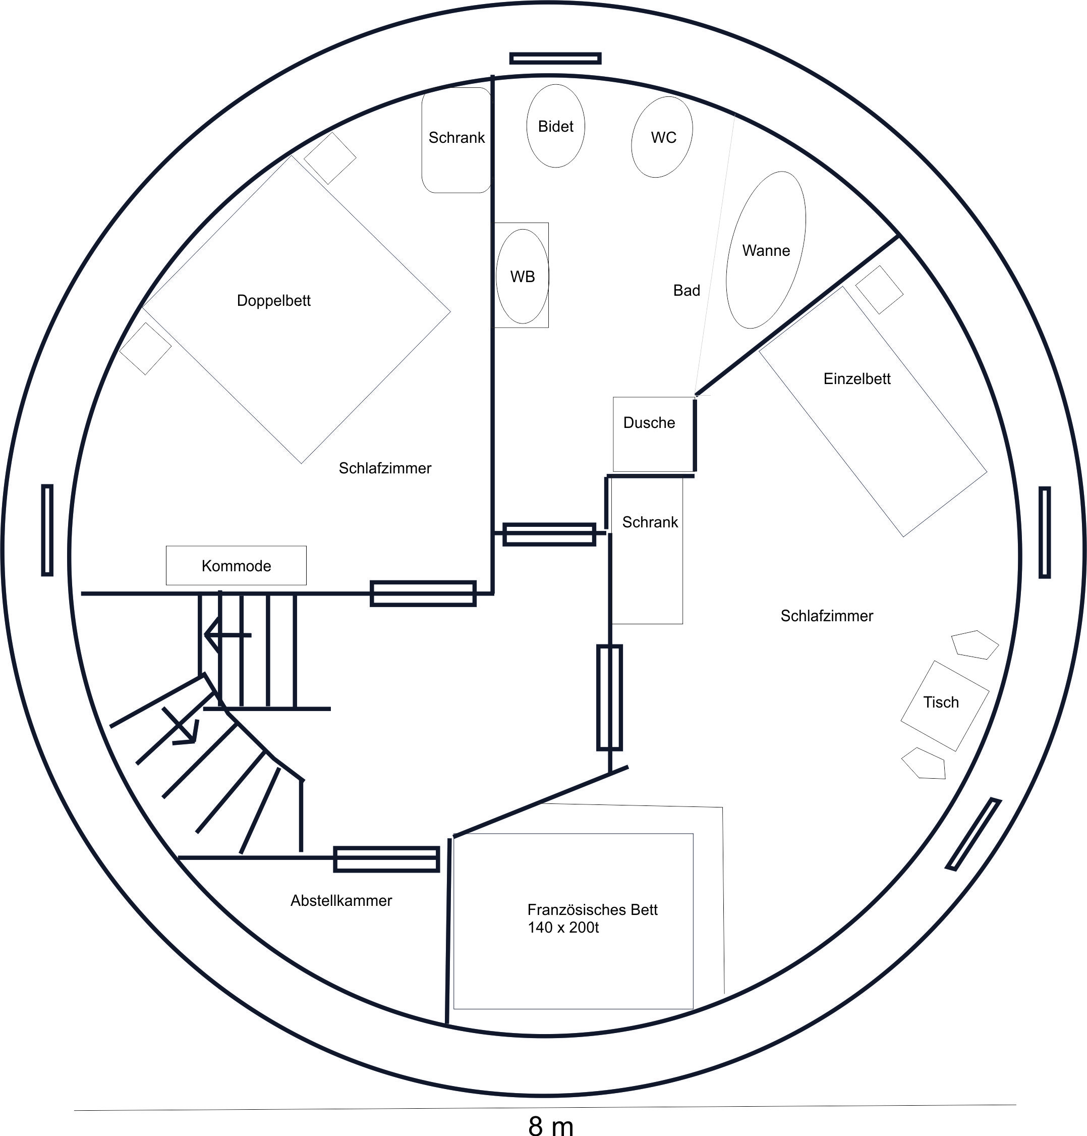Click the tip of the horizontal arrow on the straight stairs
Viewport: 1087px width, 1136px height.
pyautogui.click(x=205, y=635)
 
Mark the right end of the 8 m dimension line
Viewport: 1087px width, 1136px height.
pyautogui.click(x=1016, y=1105)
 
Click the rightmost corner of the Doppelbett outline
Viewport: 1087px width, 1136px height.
pyautogui.click(x=450, y=312)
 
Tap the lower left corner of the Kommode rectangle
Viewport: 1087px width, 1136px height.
pyautogui.click(x=166, y=585)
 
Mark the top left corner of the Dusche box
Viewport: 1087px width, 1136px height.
pyautogui.click(x=613, y=397)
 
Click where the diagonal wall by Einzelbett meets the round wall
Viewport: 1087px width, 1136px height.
pyautogui.click(x=899, y=236)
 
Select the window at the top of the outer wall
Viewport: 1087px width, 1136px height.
pyautogui.click(x=555, y=58)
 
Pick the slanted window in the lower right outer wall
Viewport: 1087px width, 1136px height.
pyautogui.click(x=974, y=834)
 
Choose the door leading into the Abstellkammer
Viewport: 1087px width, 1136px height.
pyautogui.click(x=386, y=859)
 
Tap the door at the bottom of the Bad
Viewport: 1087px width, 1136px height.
pyautogui.click(x=549, y=534)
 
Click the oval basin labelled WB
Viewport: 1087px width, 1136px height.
pyautogui.click(x=522, y=276)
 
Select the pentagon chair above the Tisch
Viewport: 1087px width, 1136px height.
pyautogui.click(x=975, y=644)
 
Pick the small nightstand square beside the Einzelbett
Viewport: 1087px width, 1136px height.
pyautogui.click(x=879, y=290)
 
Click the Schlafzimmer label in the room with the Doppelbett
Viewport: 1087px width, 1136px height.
pyautogui.click(x=385, y=468)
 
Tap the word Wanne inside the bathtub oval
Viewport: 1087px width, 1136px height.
pyautogui.click(x=766, y=250)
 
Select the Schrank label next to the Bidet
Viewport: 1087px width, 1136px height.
pyautogui.click(x=456, y=137)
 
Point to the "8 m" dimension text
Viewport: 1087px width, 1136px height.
pyautogui.click(x=551, y=1125)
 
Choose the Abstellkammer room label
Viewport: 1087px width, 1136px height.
pyautogui.click(x=341, y=900)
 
